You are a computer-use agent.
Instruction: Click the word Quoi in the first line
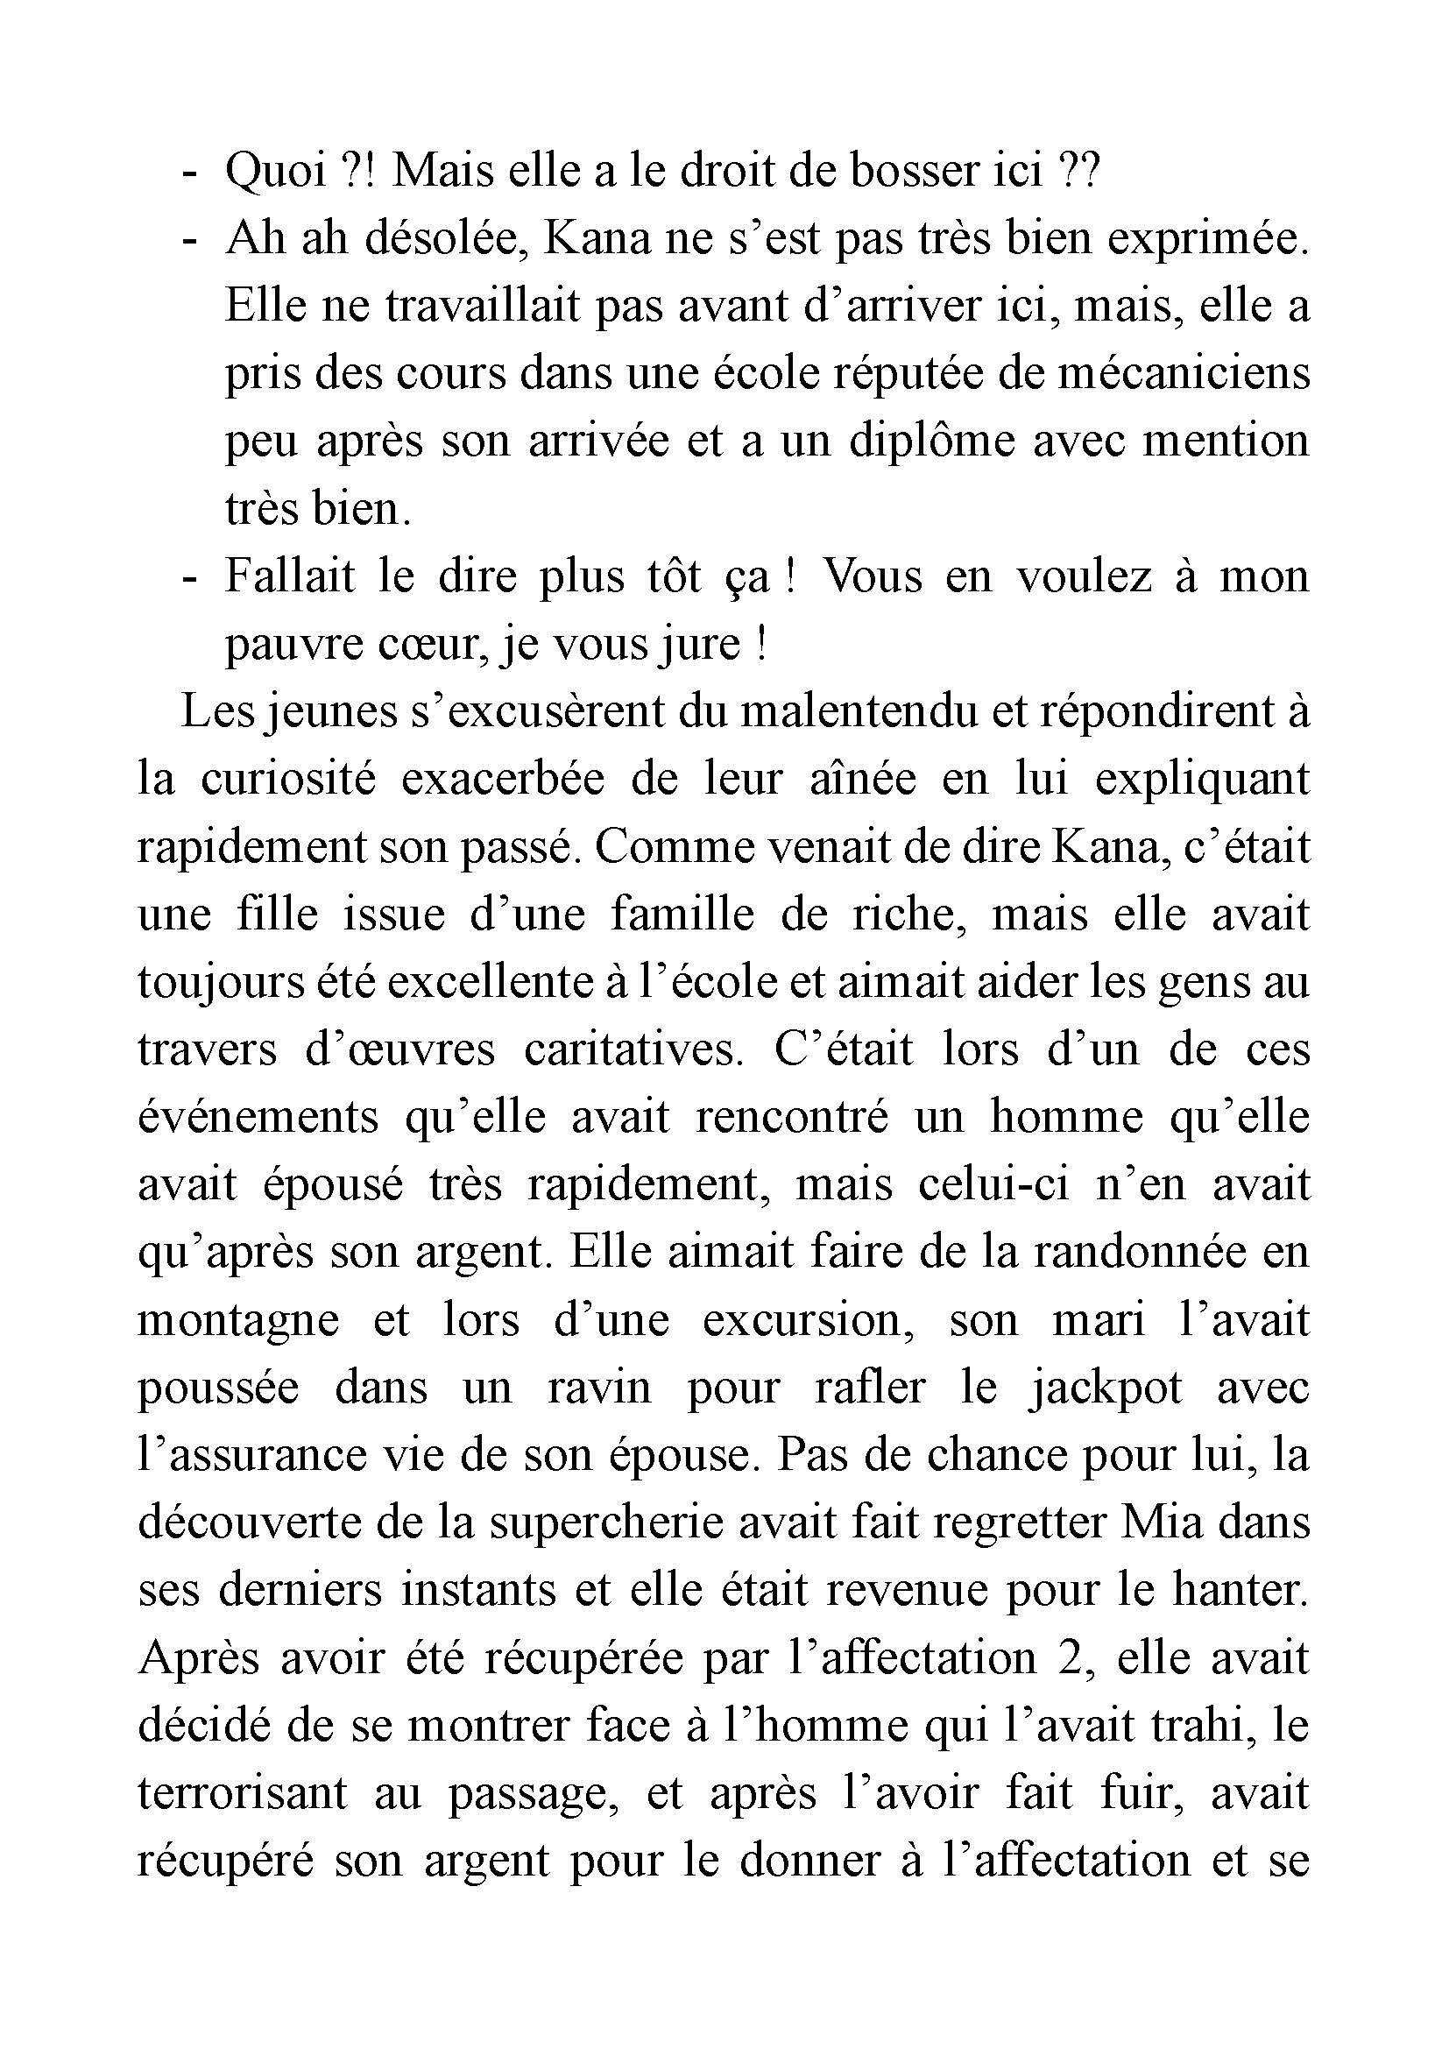(x=275, y=171)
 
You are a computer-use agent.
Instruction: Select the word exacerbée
(x=503, y=779)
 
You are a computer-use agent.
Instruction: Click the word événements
(x=258, y=1117)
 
